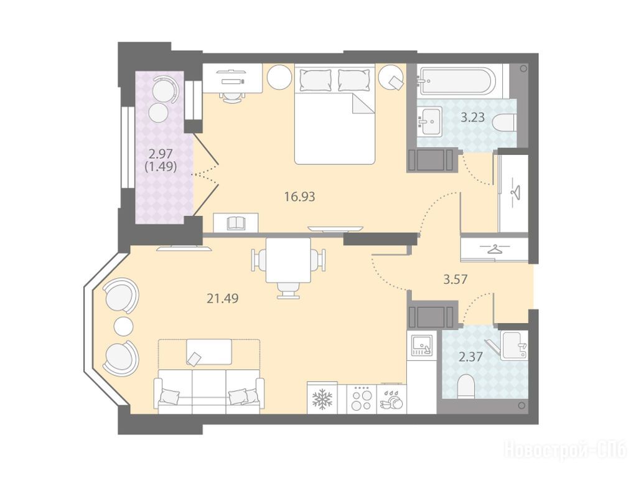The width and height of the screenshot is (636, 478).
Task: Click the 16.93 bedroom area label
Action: tap(300, 197)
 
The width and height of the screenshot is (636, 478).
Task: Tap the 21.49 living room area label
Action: tap(223, 299)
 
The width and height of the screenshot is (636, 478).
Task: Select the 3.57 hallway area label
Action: tap(456, 279)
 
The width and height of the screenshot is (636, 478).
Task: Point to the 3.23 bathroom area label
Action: tap(473, 118)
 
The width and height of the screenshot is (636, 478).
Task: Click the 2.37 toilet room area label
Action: tap(470, 357)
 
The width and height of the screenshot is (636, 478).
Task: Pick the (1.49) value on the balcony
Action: tap(161, 166)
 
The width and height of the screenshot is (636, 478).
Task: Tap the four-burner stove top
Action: tap(362, 399)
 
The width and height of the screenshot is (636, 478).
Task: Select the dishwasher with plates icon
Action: tap(392, 400)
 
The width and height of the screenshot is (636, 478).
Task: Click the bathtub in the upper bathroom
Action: tap(457, 81)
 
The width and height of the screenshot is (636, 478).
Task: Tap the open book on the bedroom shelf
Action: tap(236, 223)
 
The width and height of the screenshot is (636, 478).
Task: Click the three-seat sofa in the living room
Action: tap(209, 391)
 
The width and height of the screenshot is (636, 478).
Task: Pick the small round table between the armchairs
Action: tap(123, 326)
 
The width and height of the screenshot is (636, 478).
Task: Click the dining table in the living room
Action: tap(288, 260)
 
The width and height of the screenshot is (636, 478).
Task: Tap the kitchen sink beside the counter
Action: tap(422, 345)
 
